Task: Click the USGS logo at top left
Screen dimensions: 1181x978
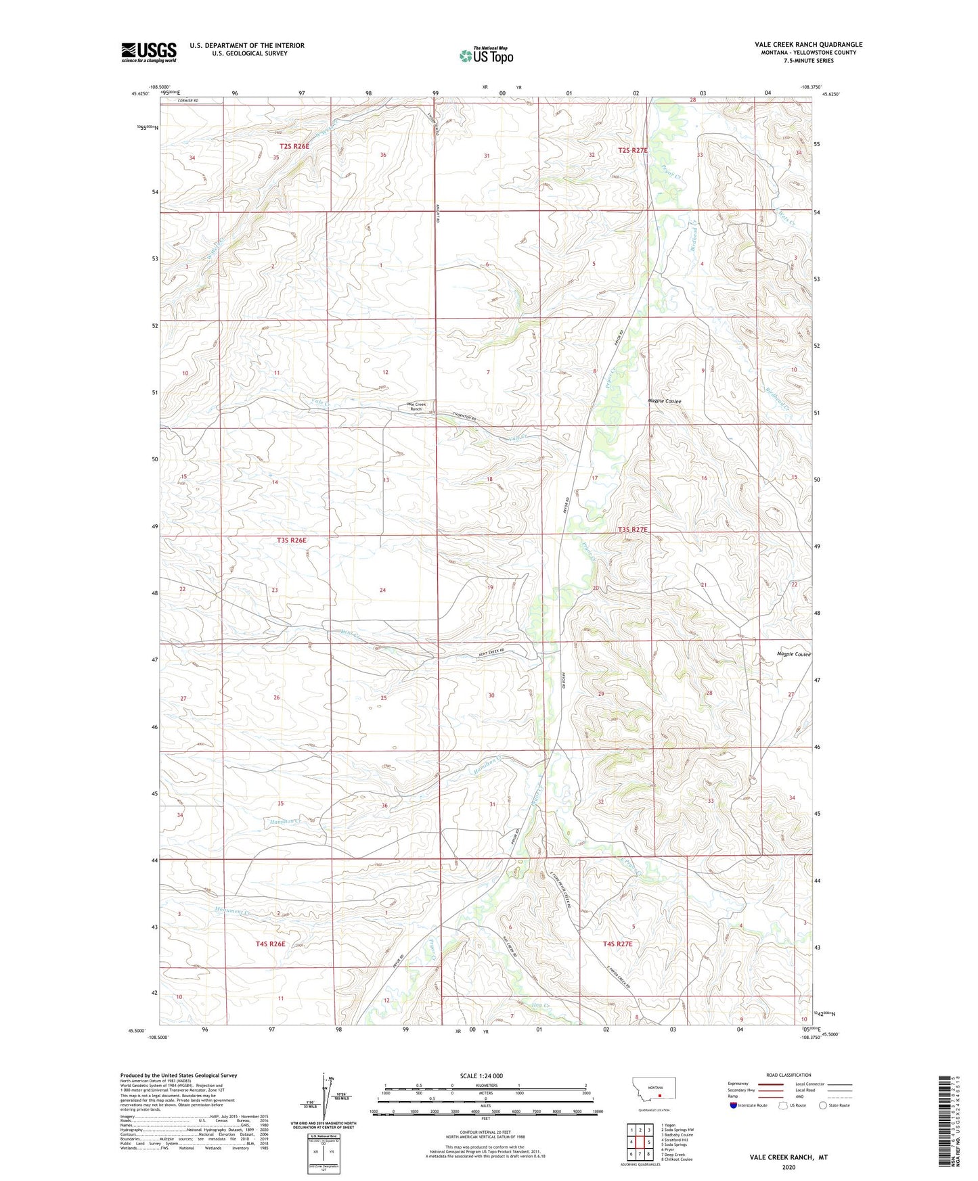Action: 149,52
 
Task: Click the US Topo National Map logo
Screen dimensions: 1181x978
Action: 485,55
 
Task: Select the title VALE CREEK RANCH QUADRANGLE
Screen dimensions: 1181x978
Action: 808,45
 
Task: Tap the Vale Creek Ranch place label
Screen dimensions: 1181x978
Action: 416,407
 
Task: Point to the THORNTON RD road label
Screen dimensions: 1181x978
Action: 464,419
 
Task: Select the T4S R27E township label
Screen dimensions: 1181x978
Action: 617,944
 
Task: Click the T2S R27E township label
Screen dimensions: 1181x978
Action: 634,150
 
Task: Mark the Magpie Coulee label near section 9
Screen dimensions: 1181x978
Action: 664,401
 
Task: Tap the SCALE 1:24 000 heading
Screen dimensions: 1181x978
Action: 481,1075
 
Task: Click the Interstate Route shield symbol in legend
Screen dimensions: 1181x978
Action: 734,1105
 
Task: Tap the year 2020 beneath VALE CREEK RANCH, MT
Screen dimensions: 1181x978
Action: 788,1167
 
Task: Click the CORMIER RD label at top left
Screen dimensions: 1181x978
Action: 187,101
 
